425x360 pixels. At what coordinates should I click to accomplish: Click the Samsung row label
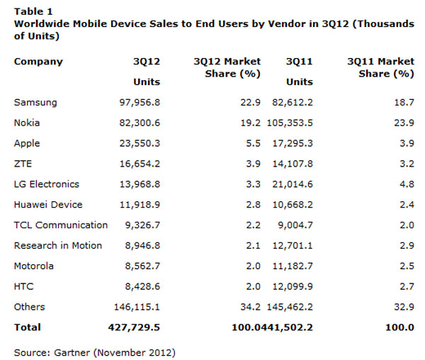click(35, 103)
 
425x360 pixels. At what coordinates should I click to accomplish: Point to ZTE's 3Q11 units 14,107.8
click(290, 164)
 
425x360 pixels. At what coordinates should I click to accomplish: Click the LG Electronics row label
click(47, 184)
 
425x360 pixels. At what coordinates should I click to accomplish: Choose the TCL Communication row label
click(61, 225)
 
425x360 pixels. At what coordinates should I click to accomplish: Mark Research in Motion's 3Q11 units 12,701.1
click(290, 246)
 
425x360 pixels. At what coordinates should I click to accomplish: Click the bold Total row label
click(28, 327)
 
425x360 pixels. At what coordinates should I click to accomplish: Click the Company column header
click(38, 62)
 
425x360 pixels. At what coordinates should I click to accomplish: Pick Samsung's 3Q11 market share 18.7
click(403, 103)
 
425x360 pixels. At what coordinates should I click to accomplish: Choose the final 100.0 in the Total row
click(400, 327)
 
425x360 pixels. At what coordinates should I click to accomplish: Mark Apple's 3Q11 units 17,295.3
click(290, 144)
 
